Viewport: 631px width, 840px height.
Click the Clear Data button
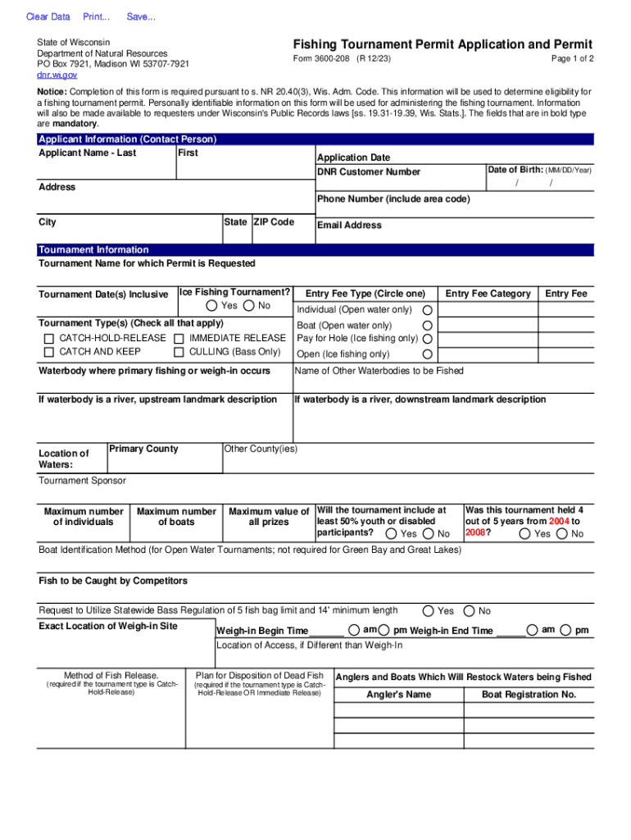point(48,17)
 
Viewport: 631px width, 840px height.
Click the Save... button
point(141,17)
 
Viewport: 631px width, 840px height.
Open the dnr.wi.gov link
point(57,75)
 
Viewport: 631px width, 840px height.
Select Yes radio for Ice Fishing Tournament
point(212,306)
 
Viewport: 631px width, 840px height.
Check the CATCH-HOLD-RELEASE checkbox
point(49,339)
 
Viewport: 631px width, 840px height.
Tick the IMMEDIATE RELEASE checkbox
point(179,339)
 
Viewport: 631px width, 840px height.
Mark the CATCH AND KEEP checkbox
point(49,353)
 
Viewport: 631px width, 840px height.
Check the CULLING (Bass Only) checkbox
point(179,353)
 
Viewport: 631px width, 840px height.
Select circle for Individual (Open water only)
point(427,310)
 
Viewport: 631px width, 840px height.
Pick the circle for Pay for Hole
point(427,339)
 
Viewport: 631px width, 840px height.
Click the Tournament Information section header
point(94,250)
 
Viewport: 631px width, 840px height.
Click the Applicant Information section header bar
point(127,139)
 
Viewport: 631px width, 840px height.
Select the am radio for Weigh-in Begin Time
point(352,630)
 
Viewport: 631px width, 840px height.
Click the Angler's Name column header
point(398,695)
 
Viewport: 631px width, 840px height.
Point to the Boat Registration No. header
point(529,695)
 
